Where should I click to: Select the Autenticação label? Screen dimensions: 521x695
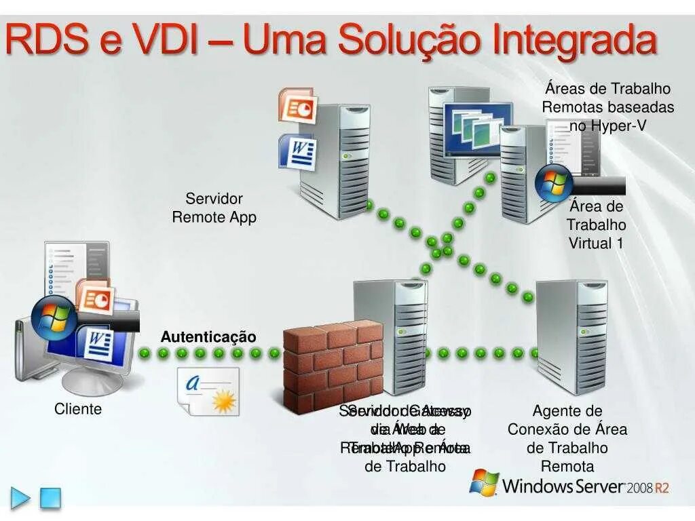pos(208,337)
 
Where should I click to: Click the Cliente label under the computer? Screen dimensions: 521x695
pos(78,409)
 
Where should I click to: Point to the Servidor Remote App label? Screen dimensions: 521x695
pos(214,208)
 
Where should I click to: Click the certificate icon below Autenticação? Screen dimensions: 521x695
pos(209,391)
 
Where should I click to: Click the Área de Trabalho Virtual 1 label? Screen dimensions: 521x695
pos(596,225)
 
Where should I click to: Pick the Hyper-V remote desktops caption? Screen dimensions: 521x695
pos(607,107)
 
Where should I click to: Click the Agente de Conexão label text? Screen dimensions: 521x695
pos(567,438)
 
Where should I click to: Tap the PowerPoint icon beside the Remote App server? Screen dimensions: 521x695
pos(297,105)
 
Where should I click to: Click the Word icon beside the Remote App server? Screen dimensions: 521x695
pos(297,151)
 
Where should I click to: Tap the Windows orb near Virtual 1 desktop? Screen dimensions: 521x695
pos(554,183)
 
